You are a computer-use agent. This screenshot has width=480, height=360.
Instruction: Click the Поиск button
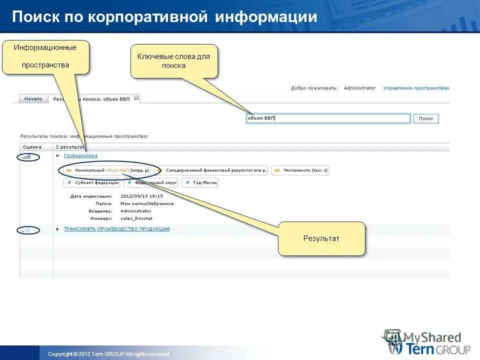click(426, 118)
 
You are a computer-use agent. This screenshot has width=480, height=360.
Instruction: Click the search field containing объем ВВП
click(328, 118)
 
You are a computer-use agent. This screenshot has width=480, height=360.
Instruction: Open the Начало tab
click(33, 99)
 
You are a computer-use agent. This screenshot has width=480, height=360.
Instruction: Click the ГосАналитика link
click(80, 155)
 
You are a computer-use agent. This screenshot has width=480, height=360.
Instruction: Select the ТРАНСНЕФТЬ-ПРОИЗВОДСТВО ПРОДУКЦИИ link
click(116, 229)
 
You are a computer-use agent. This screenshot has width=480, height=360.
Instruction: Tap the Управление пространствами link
click(416, 88)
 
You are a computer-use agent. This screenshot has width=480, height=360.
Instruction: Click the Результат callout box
click(321, 238)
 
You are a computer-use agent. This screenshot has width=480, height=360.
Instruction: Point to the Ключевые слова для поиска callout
click(174, 61)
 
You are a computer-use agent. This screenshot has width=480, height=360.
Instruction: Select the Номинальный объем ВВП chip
click(107, 170)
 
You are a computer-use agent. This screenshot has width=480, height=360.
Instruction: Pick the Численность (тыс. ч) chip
click(300, 170)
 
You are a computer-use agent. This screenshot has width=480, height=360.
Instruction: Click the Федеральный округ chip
click(151, 183)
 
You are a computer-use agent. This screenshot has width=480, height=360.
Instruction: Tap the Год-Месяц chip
click(200, 183)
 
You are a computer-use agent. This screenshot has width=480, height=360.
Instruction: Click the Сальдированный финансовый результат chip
click(211, 170)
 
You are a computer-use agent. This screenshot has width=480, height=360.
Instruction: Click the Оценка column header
click(32, 147)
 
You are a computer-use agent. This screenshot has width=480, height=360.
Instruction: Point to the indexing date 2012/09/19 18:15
click(141, 196)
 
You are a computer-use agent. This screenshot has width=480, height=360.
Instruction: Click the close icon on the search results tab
click(136, 98)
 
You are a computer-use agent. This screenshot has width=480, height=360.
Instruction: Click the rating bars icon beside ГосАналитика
click(26, 156)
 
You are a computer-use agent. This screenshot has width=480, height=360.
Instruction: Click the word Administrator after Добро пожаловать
click(359, 88)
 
